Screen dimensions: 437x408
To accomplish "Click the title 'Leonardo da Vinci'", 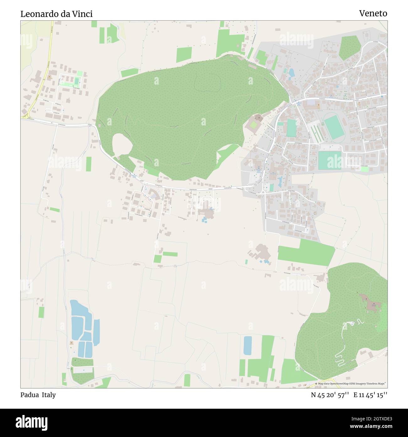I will [x=56, y=14].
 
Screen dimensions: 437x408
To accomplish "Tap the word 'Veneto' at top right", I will [x=373, y=14].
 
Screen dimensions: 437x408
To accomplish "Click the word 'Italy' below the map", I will [x=49, y=395].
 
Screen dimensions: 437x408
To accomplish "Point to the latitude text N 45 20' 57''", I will [x=330, y=395].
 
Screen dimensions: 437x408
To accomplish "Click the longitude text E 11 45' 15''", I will [x=370, y=395].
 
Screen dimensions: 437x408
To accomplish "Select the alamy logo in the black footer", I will [x=31, y=422].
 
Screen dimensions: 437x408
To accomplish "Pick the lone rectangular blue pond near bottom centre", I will [x=248, y=346].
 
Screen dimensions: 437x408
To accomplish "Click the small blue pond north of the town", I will [x=292, y=73].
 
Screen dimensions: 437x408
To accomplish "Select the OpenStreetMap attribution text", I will [x=351, y=384].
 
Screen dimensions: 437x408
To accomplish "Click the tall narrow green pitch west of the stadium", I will [x=291, y=128].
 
